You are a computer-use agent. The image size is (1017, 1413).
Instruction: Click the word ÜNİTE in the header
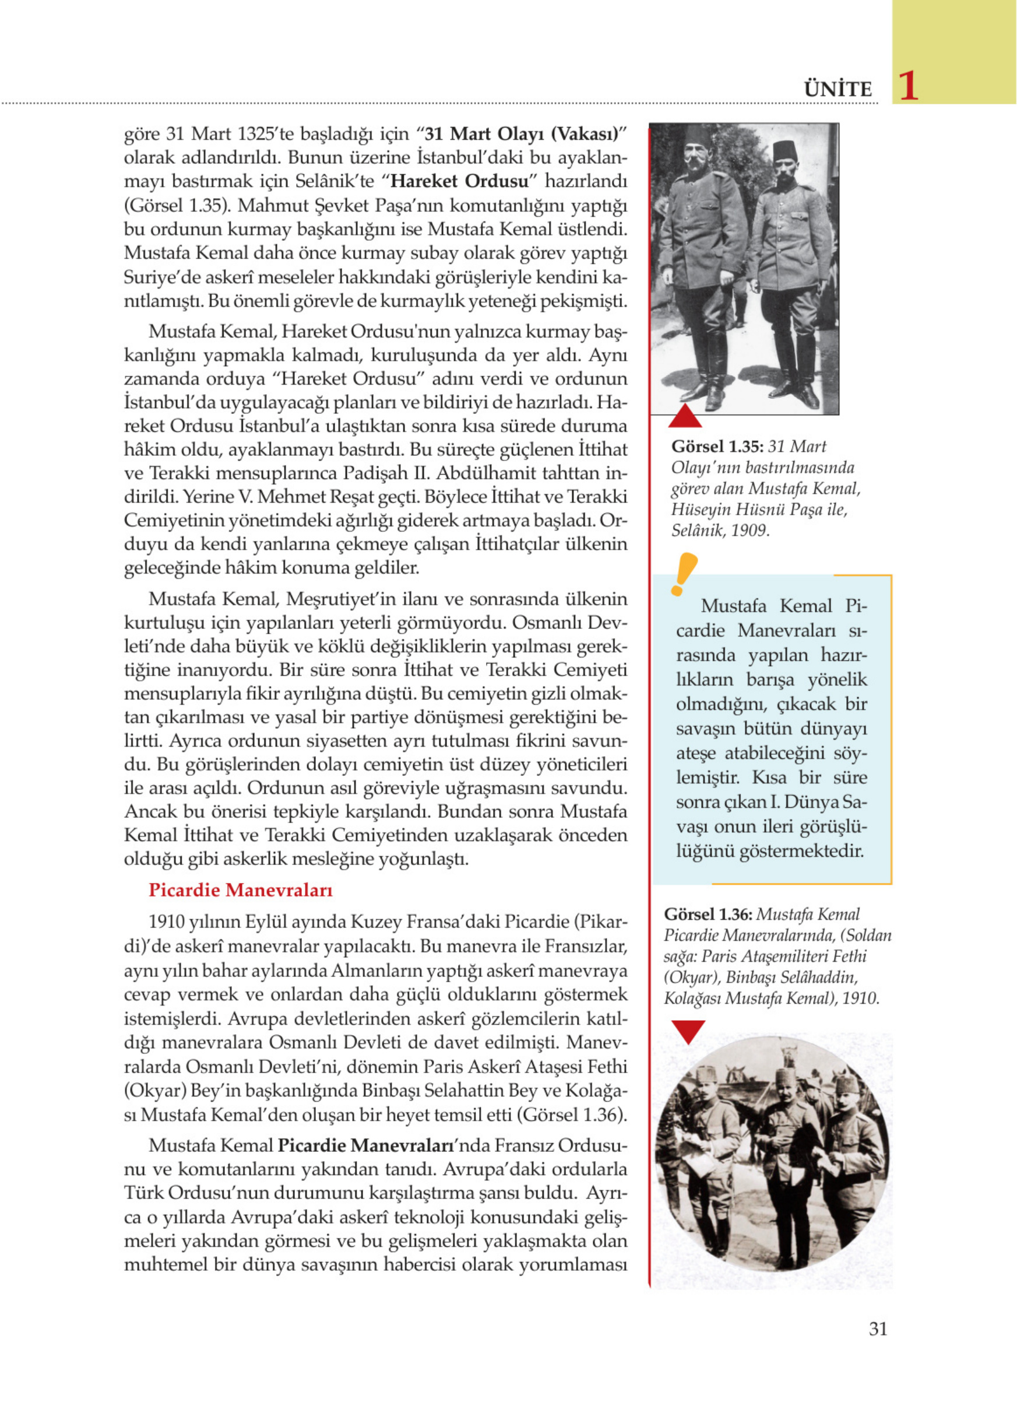[x=837, y=90]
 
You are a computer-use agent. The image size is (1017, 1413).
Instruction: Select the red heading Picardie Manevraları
[x=240, y=890]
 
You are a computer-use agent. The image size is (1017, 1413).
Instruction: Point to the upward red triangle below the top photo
[x=685, y=416]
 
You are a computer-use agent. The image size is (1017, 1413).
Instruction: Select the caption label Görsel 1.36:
[x=709, y=915]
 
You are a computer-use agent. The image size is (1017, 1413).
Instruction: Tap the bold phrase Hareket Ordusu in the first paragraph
[x=460, y=181]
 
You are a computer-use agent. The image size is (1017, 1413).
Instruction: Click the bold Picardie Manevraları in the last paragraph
[x=366, y=1145]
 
